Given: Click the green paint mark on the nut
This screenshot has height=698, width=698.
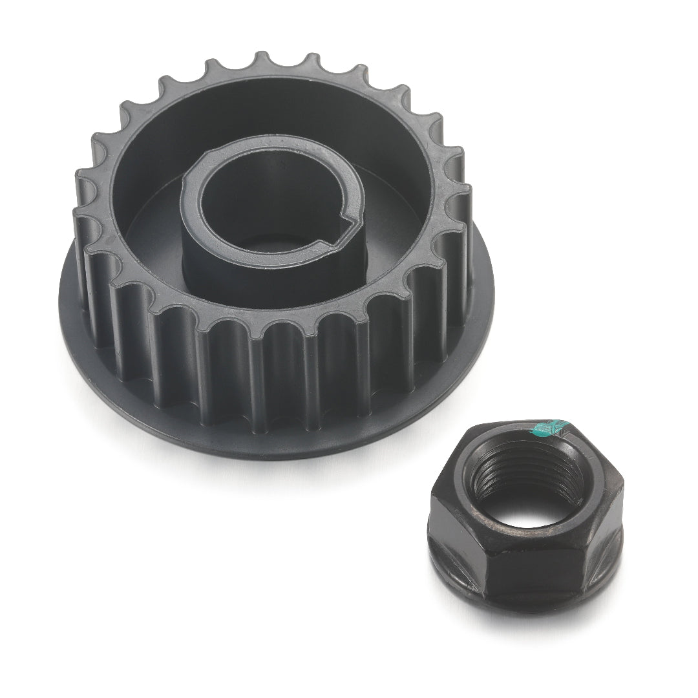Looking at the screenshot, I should pos(548,427).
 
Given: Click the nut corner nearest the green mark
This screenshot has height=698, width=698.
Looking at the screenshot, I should pos(569,423).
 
